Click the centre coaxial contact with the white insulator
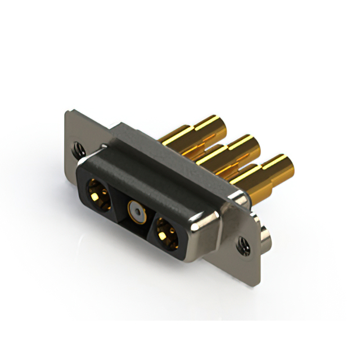[135, 211]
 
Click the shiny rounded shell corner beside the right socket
[202, 225]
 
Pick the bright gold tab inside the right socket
[166, 233]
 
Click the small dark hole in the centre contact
[135, 212]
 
